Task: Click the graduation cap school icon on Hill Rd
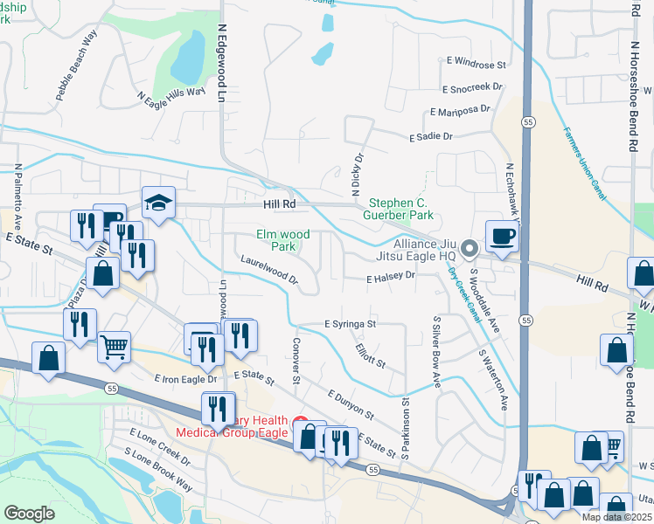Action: point(159,203)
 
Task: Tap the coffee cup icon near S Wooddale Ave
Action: point(502,237)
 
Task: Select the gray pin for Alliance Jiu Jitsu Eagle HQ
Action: point(469,250)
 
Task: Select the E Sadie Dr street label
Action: point(431,137)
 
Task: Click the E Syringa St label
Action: point(350,324)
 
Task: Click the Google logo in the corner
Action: point(29,513)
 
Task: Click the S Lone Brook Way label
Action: point(158,469)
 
